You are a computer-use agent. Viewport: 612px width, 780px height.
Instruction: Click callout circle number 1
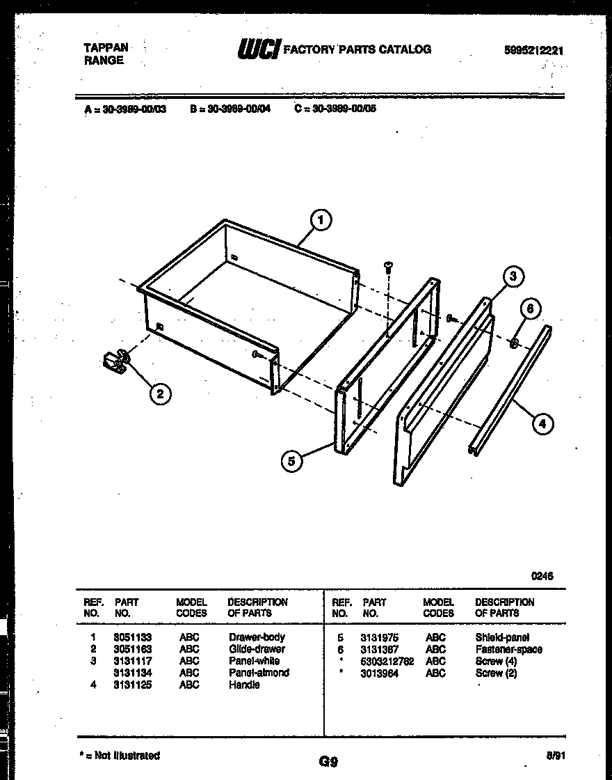319,221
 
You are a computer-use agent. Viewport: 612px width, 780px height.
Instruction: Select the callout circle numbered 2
160,394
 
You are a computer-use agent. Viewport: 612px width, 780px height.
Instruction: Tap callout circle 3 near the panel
513,277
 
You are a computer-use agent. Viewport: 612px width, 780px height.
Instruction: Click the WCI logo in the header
259,49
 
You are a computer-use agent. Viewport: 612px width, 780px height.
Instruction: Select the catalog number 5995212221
534,50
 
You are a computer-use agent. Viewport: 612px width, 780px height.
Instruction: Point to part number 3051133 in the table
132,637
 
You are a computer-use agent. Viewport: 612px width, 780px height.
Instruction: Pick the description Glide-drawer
257,649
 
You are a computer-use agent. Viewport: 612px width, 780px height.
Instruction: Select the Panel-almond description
259,673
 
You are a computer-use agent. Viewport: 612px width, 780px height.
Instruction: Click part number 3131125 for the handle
132,685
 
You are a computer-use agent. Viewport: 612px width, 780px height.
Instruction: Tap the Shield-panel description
502,637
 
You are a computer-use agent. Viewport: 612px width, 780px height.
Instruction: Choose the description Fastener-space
508,649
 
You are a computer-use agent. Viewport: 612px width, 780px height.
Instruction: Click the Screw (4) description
496,661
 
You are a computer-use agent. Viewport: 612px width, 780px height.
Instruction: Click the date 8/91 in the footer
554,754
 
